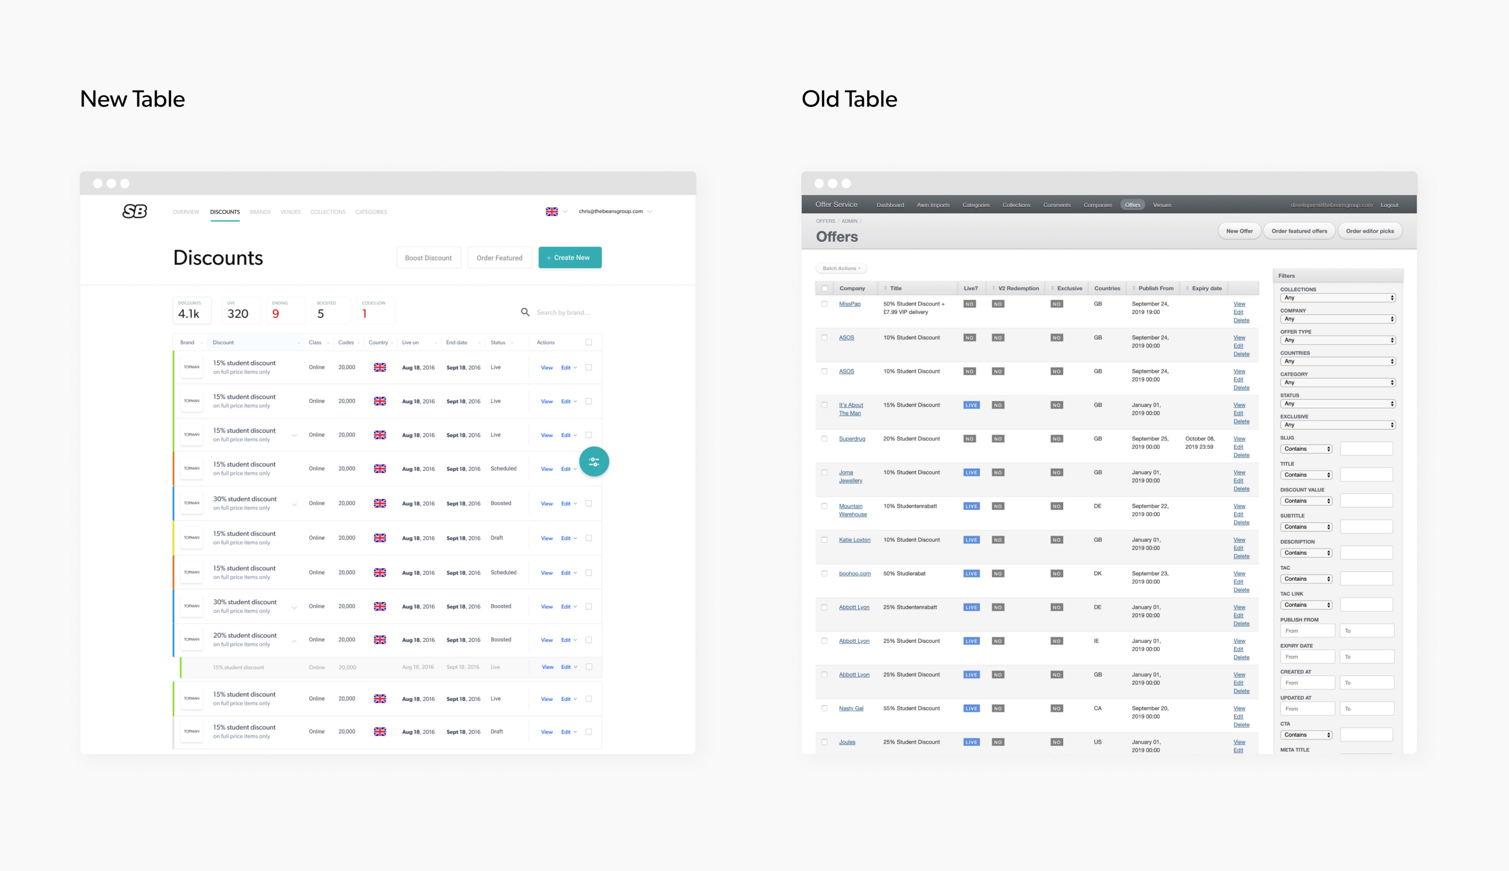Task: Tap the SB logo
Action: pyautogui.click(x=135, y=211)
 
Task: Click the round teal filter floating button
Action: pyautogui.click(x=594, y=461)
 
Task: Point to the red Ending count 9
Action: pyautogui.click(x=276, y=313)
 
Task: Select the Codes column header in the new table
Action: pyautogui.click(x=346, y=342)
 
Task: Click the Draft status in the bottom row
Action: pyautogui.click(x=496, y=731)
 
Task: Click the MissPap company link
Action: pyautogui.click(x=849, y=304)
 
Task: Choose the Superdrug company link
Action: pyautogui.click(x=852, y=438)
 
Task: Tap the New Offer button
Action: pyautogui.click(x=1239, y=231)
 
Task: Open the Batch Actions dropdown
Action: pyautogui.click(x=841, y=268)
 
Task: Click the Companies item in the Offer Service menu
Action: pyautogui.click(x=1097, y=204)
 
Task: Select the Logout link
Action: pyautogui.click(x=1389, y=204)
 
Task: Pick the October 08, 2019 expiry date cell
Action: pyautogui.click(x=1200, y=443)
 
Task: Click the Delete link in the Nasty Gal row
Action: pyautogui.click(x=1241, y=724)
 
